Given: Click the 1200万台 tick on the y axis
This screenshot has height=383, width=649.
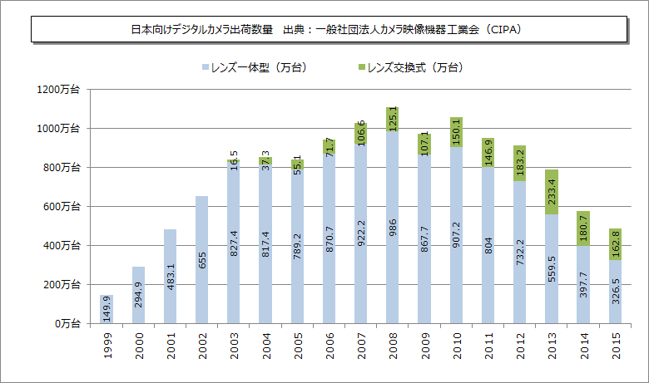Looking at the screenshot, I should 57,89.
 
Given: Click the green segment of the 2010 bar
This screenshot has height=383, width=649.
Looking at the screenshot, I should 455,132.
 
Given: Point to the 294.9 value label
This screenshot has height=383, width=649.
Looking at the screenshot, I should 138,295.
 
